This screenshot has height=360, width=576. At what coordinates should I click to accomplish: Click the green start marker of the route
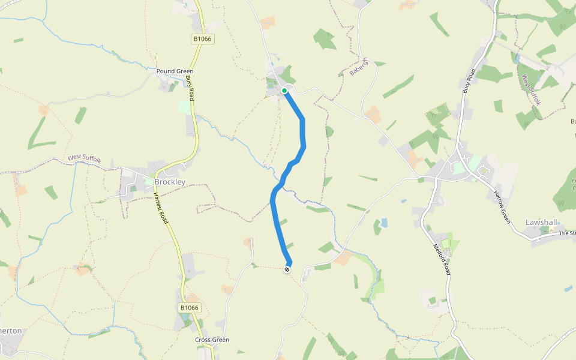coord(284,91)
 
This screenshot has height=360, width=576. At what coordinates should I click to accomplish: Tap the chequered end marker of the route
coord(287,269)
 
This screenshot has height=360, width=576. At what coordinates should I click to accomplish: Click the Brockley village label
coord(170,182)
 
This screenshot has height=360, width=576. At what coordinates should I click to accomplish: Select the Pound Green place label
coord(175,71)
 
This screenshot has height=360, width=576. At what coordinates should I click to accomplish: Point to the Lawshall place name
coord(542,222)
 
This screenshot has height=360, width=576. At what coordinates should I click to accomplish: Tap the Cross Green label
coord(212,340)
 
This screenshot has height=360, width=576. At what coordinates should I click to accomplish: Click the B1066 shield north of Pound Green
coord(203,38)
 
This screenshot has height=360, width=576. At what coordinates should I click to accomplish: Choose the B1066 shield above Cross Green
coord(189,308)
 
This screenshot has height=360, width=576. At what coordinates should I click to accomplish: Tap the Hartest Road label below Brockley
coord(161,209)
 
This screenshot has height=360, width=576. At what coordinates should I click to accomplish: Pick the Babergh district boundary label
coord(358,67)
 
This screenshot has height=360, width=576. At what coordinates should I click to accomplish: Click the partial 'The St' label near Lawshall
coord(566,233)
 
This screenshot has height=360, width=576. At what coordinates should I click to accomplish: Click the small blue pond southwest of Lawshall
coord(383,223)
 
